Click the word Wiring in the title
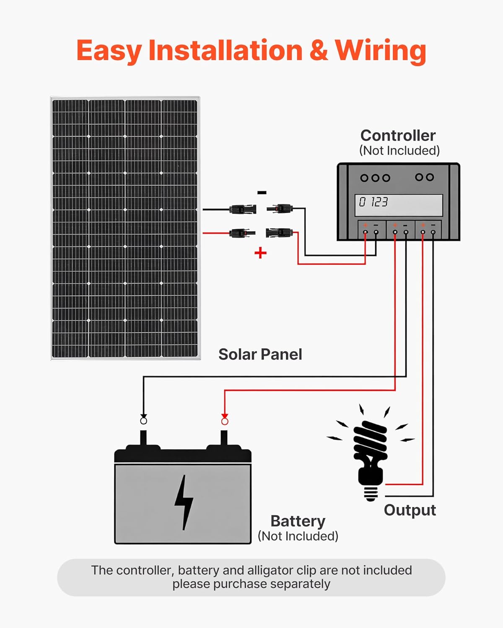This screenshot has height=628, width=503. coord(380,51)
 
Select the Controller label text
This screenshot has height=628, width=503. coord(398,136)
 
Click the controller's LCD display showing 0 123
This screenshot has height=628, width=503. coord(399,205)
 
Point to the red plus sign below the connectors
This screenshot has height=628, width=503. coord(260,253)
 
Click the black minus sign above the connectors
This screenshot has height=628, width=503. coord(262,193)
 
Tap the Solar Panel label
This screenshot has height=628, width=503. coord(260,355)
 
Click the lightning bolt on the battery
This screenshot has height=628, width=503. coord(184,502)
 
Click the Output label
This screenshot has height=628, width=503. coord(410,510)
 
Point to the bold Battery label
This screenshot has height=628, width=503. coord(298,521)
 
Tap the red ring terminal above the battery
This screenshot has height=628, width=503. coord(225,421)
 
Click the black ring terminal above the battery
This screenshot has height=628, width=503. coord(143,421)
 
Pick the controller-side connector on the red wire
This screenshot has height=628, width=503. coord(279,232)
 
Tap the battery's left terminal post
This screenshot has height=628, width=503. coord(143,439)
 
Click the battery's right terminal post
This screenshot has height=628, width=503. coord(224,439)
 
